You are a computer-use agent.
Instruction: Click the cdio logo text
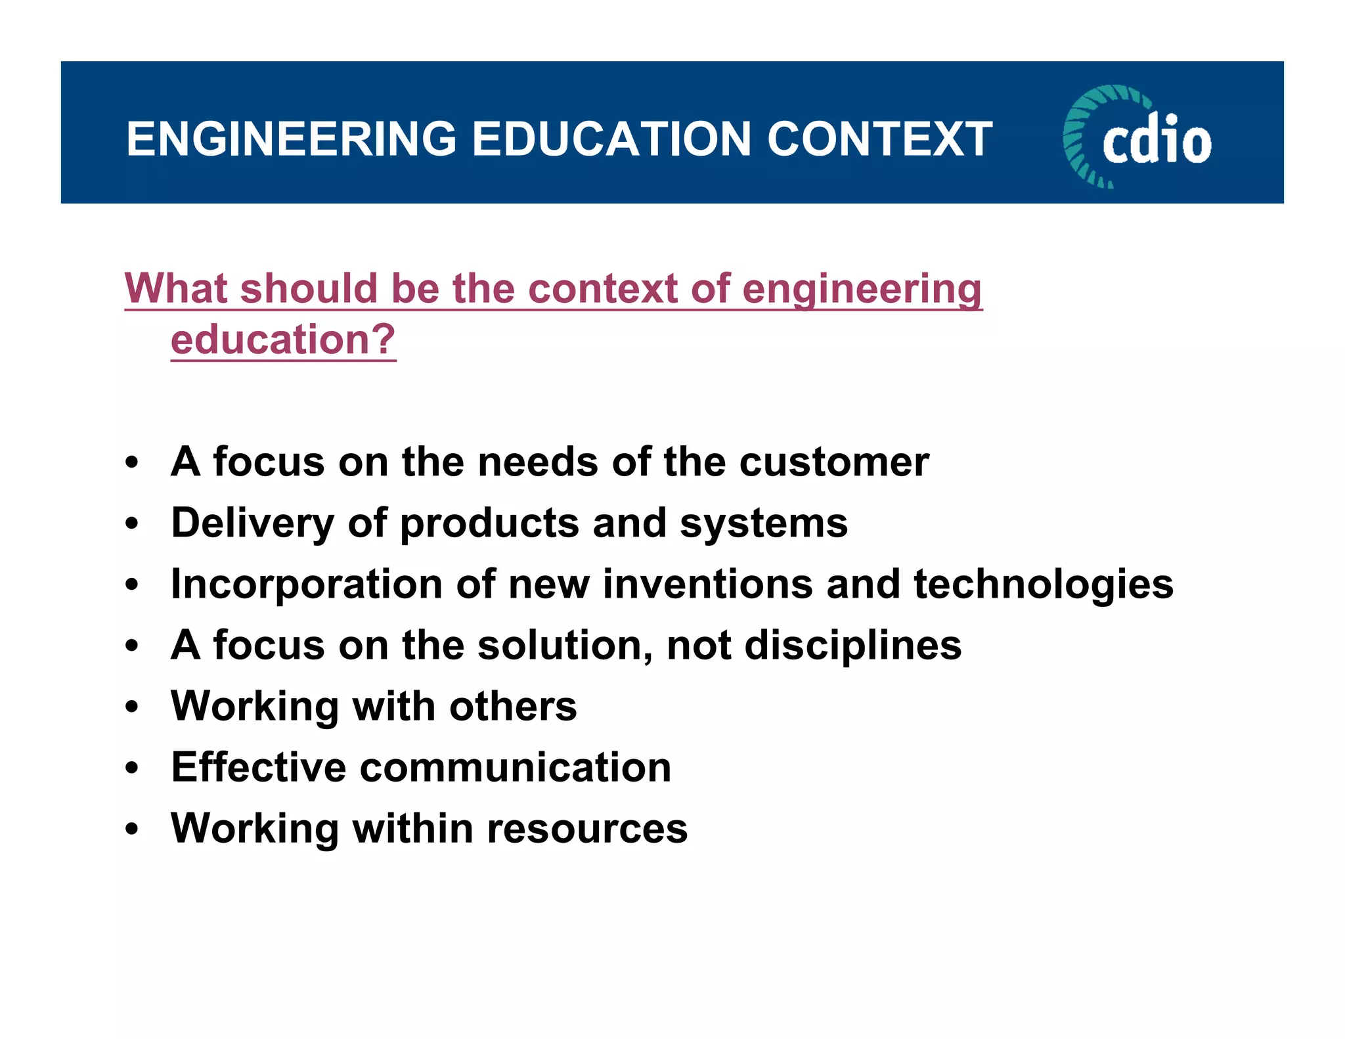point(1157,141)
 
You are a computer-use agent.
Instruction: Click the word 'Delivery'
point(252,523)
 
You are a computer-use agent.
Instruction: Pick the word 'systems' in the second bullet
point(763,523)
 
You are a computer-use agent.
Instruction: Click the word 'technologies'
point(1043,584)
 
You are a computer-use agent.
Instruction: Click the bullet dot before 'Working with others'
point(133,707)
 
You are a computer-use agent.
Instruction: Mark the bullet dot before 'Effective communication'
point(133,768)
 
